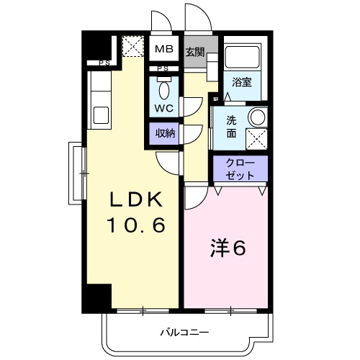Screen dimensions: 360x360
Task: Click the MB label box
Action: (x=164, y=49)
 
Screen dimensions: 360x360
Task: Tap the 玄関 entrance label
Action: (x=194, y=52)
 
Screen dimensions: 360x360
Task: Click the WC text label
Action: (x=163, y=109)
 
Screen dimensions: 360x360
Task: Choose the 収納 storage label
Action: (x=163, y=133)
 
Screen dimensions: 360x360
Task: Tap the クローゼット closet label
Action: (x=240, y=170)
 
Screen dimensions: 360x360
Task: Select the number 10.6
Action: (x=137, y=226)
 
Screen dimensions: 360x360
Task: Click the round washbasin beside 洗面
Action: (x=256, y=117)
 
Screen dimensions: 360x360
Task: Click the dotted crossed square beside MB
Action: (x=132, y=47)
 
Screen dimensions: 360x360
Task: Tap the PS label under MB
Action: (x=163, y=68)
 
